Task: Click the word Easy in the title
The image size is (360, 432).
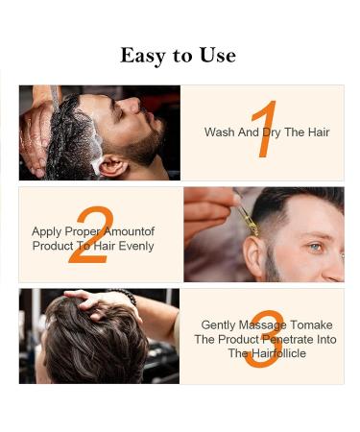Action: tap(140, 56)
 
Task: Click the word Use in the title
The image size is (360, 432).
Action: tap(217, 56)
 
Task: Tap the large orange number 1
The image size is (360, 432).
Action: tap(266, 130)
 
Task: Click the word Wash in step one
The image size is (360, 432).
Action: tap(220, 132)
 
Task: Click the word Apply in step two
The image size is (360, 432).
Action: tap(47, 231)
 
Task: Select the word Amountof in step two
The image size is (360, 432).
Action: tap(131, 231)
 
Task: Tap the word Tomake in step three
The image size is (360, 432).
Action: tap(305, 325)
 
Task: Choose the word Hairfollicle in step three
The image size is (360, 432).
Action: tap(266, 353)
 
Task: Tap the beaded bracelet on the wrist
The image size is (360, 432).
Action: tap(122, 295)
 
